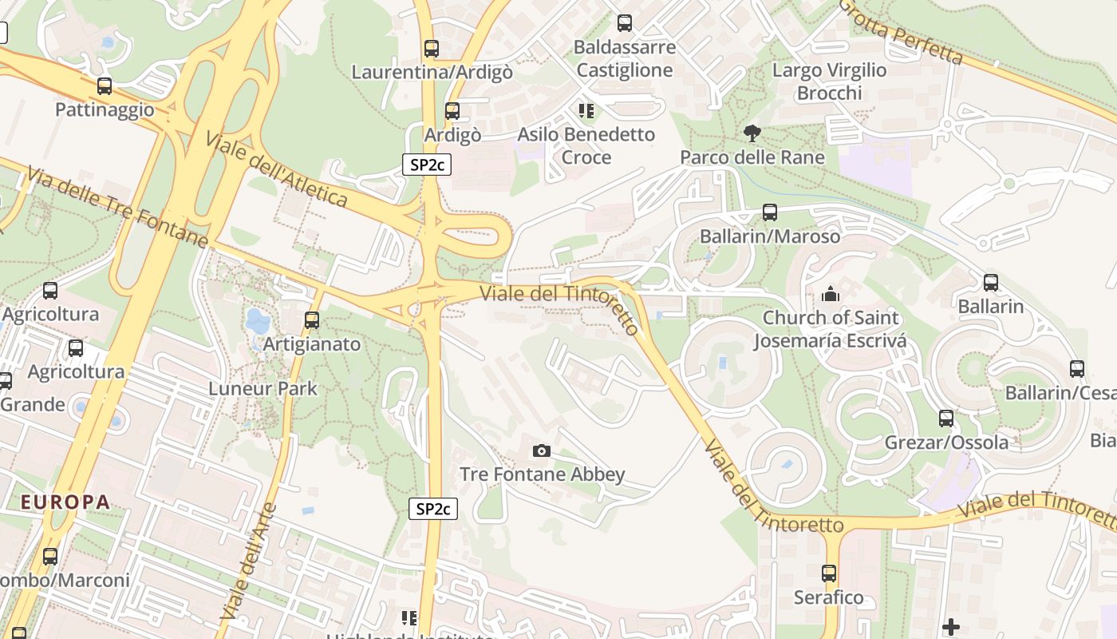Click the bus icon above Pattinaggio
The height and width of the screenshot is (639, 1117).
(105, 86)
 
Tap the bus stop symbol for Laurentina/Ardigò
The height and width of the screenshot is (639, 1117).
(432, 49)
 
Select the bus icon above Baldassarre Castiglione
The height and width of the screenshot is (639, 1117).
(625, 23)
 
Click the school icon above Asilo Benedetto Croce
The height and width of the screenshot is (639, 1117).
(586, 111)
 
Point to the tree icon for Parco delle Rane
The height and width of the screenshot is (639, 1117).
(752, 133)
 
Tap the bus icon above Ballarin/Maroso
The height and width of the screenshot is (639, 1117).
(770, 212)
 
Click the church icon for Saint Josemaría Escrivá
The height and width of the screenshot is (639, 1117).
(831, 295)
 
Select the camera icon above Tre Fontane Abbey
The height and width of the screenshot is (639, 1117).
(542, 451)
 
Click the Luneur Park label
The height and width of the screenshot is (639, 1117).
(262, 389)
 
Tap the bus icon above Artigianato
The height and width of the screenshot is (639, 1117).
(312, 320)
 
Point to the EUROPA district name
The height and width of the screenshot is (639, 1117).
(65, 502)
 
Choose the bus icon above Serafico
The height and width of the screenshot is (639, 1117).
(829, 574)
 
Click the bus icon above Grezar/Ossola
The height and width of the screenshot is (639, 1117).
(946, 419)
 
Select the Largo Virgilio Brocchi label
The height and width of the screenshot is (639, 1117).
(830, 81)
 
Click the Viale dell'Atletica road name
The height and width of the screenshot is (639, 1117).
(276, 169)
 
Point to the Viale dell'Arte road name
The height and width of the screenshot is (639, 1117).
(248, 561)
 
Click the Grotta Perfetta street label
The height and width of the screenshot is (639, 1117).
(902, 33)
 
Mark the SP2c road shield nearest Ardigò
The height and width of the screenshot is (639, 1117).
(427, 165)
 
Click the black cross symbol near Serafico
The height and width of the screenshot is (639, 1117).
(950, 627)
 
